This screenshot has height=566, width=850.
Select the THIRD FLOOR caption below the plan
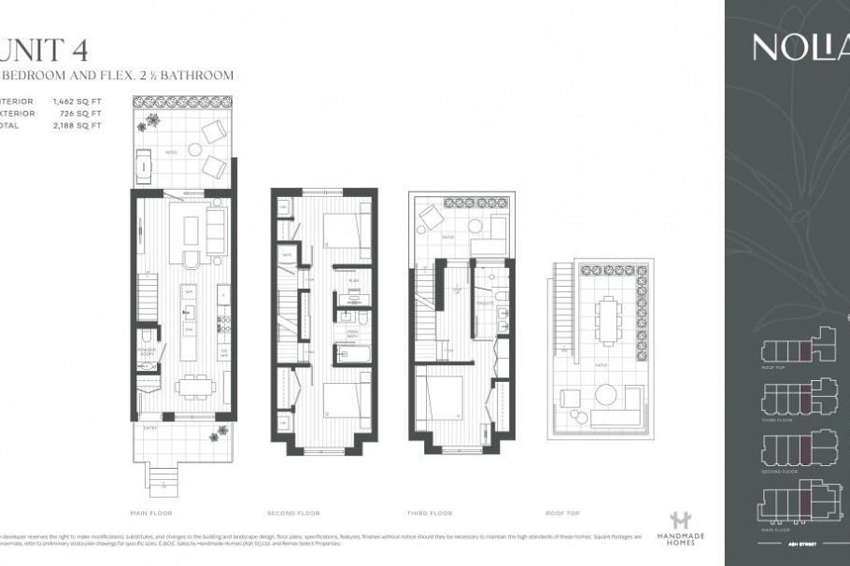click(x=431, y=513)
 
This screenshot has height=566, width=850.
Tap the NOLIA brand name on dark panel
click(x=799, y=48)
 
